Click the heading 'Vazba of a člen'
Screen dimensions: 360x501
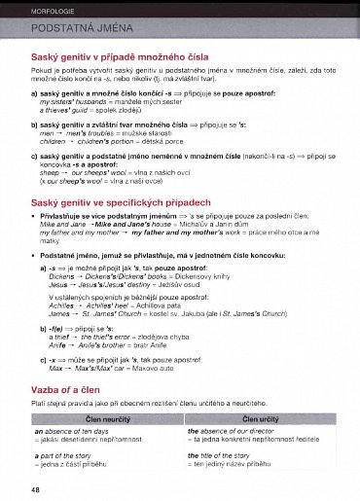79,389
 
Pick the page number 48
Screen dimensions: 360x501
35,488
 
